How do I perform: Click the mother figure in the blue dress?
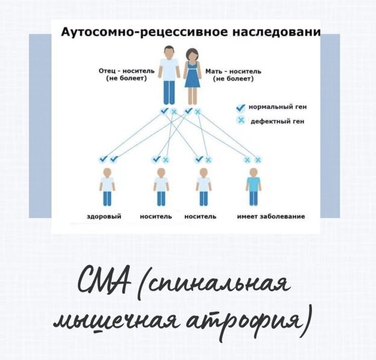click(x=192, y=75)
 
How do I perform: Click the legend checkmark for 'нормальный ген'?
click(x=240, y=107)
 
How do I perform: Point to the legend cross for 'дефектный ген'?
click(x=240, y=121)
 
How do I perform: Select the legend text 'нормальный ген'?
click(x=278, y=107)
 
